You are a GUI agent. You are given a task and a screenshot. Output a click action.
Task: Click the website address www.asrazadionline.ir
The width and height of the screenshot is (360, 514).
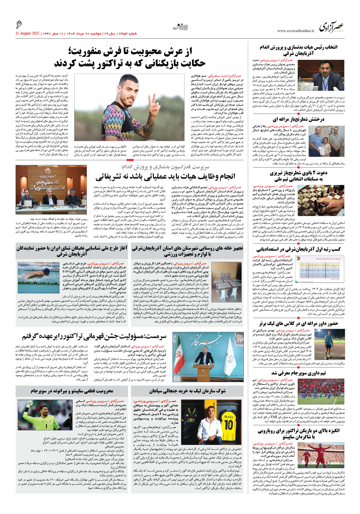click(296, 31)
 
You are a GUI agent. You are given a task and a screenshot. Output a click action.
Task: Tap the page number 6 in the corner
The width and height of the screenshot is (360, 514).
click(19, 25)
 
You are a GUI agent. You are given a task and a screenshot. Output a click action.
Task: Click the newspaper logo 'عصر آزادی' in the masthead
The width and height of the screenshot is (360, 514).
click(331, 27)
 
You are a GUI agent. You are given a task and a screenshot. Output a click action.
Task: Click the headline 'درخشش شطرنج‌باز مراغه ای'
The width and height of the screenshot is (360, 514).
click(299, 119)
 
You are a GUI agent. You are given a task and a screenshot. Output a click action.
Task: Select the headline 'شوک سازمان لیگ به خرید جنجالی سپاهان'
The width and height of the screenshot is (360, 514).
click(187, 391)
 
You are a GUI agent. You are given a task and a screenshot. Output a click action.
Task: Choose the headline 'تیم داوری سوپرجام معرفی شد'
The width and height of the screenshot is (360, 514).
click(298, 373)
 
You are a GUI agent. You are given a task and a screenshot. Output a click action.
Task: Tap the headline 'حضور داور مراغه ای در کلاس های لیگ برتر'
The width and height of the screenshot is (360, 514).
click(299, 323)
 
